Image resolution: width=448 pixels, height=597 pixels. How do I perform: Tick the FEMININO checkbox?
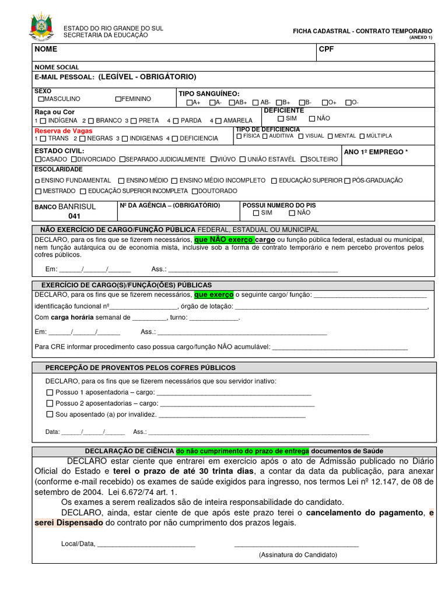click(x=118, y=99)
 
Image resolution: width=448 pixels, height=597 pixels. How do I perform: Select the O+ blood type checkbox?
click(x=325, y=103)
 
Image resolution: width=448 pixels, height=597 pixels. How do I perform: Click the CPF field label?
click(x=326, y=50)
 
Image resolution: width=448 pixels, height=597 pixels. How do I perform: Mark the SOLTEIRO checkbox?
click(x=304, y=159)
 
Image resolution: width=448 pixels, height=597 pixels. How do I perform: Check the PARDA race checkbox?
click(x=177, y=121)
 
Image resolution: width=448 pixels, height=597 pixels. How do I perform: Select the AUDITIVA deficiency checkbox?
click(x=265, y=136)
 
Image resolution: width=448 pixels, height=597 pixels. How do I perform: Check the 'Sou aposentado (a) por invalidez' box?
click(x=49, y=415)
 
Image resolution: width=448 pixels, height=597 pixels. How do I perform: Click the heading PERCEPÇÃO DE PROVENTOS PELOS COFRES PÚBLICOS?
click(x=141, y=368)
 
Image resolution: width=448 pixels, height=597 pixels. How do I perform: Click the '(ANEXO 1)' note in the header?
click(x=421, y=37)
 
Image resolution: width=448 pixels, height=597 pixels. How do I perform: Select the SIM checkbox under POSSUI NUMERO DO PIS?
click(x=248, y=213)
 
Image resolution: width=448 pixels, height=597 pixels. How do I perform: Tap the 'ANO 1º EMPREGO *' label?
click(x=376, y=152)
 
